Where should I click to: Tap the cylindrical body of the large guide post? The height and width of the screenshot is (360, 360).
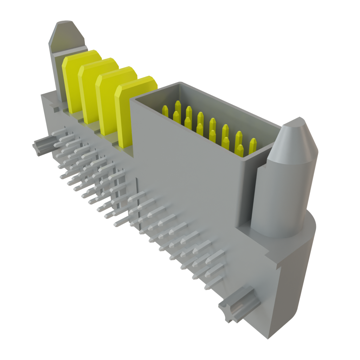[x=278, y=197]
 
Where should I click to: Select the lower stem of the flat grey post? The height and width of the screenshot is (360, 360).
[x=58, y=77]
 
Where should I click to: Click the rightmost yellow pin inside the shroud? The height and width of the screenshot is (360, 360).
[x=252, y=146]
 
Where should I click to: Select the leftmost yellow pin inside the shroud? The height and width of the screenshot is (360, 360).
[x=165, y=110]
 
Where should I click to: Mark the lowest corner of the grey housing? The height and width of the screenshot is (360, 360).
[x=271, y=339]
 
